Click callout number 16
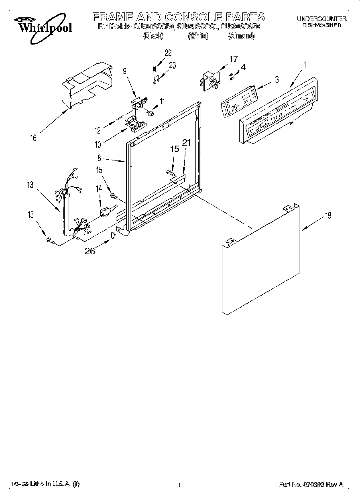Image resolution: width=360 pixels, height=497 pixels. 33,138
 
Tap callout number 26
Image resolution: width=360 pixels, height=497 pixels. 90,252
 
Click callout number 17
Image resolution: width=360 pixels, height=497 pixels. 233,59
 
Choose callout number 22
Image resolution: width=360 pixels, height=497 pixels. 168,53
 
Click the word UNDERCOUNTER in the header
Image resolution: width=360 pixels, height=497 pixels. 321,19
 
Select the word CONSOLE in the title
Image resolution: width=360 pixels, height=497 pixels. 193,17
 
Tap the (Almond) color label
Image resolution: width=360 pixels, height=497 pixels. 241,36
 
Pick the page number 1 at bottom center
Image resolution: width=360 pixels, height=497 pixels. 179,485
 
